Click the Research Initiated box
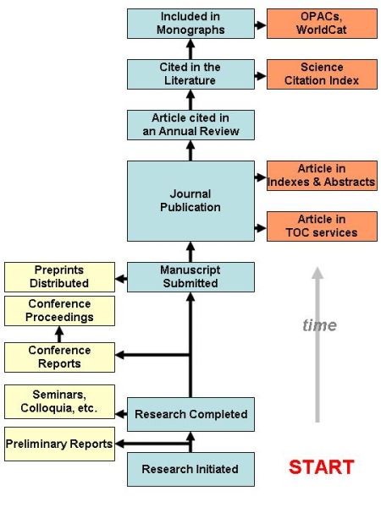pos(190,469)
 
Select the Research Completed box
pos(190,414)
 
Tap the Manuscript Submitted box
pos(190,276)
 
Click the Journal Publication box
pos(190,200)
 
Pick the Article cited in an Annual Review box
pos(190,124)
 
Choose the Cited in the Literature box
pos(190,74)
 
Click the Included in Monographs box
pos(190,23)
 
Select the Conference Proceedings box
pos(59,310)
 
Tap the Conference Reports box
pos(59,357)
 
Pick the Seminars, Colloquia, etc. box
pos(59,401)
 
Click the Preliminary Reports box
pos(59,444)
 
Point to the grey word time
pos(319,325)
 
